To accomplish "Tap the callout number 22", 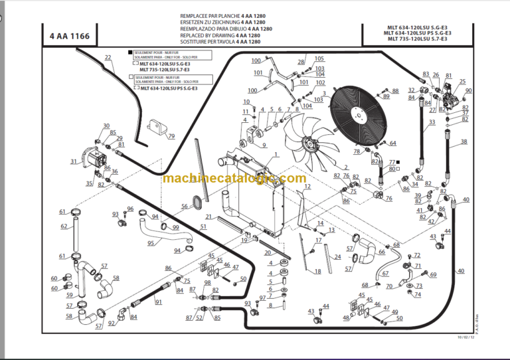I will pyautogui.click(x=108, y=58).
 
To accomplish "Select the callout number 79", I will pyautogui.click(x=171, y=137).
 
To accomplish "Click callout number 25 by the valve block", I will pyautogui.click(x=463, y=82).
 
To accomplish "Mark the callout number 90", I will pyautogui.click(x=468, y=91).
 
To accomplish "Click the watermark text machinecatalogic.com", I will pyautogui.click(x=234, y=178).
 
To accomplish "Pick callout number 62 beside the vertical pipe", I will pyautogui.click(x=64, y=226).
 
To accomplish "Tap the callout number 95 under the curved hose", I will pyautogui.click(x=151, y=243).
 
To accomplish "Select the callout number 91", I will pyautogui.click(x=158, y=302).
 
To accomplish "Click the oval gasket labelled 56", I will pyautogui.click(x=197, y=200).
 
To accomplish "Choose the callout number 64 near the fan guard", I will pyautogui.click(x=392, y=143).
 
